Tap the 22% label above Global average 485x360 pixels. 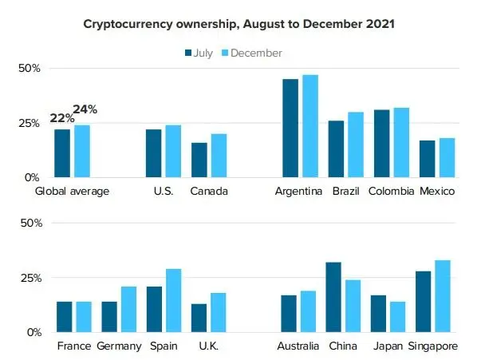click(61, 118)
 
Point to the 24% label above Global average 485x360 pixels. click(85, 109)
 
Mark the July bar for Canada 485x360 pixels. click(199, 160)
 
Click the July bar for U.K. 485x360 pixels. click(199, 318)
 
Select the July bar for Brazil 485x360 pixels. click(337, 148)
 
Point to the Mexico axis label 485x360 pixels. click(437, 192)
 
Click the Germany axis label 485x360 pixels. click(119, 346)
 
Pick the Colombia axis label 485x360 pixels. click(391, 192)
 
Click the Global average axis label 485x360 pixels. click(72, 192)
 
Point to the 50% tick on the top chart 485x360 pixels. click(30, 69)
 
